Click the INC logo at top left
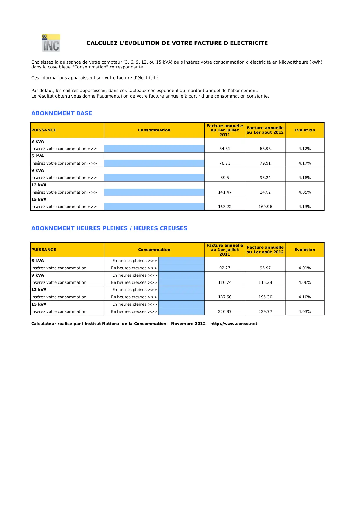click(x=51, y=43)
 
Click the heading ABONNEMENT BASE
click(x=61, y=113)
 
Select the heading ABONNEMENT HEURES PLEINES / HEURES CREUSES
click(x=109, y=228)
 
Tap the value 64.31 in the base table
click(x=225, y=149)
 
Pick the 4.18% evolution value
click(x=304, y=178)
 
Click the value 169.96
click(x=265, y=207)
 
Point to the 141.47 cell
click(x=225, y=192)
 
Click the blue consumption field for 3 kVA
click(x=154, y=149)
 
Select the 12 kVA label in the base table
click(x=39, y=185)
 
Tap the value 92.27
click(x=225, y=268)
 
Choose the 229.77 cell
click(x=265, y=311)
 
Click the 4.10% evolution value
click(x=304, y=297)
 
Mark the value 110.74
click(x=225, y=282)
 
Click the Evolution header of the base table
click(x=304, y=130)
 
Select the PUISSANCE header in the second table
click(x=44, y=250)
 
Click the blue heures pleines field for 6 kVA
click(x=181, y=261)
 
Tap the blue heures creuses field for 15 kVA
click(x=181, y=311)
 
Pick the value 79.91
click(x=265, y=163)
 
